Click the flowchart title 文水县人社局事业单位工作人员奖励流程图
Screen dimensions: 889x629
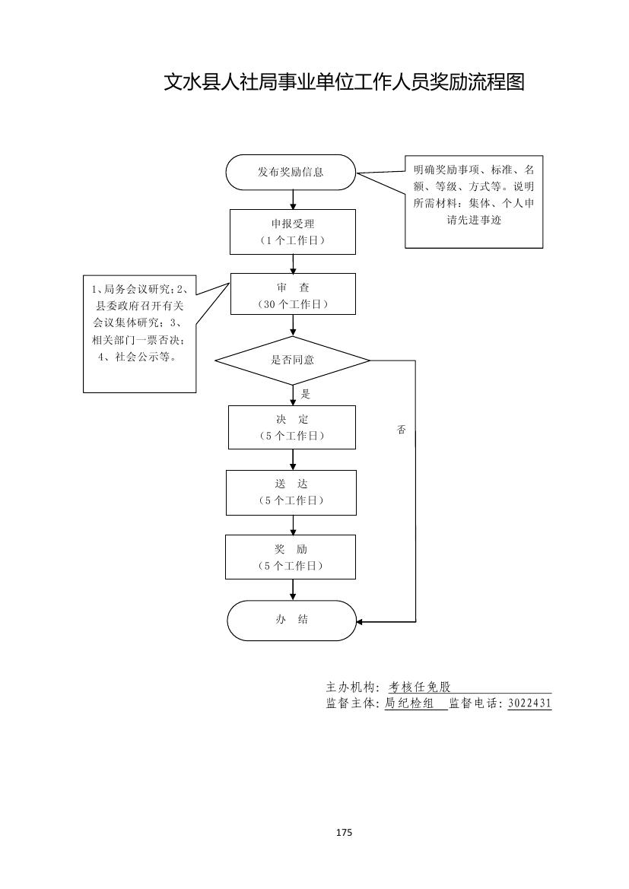345,82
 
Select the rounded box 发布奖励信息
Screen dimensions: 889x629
291,172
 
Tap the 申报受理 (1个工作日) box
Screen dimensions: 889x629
293,231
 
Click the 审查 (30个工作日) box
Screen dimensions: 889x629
293,294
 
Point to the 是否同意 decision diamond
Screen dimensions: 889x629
292,360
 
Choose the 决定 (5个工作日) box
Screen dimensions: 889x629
292,427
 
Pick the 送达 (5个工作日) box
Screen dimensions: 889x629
291,492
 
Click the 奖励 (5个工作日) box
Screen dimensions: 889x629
291,557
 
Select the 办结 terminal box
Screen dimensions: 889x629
291,620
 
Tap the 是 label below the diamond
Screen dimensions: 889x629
307,395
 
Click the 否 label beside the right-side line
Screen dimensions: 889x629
402,430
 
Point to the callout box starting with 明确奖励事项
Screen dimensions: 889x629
473,202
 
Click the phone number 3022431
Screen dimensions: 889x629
529,703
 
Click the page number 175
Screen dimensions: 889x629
344,833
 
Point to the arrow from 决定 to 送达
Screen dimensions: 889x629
293,459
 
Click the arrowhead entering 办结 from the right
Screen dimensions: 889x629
361,622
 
